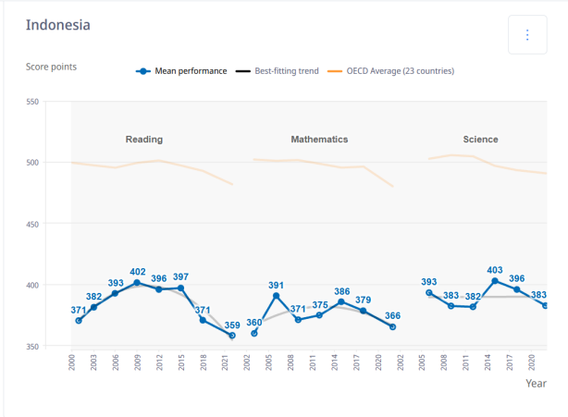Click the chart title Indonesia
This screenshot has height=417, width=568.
pos(58,25)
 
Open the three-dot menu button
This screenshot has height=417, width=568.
pos(527,35)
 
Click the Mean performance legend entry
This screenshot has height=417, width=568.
pos(181,71)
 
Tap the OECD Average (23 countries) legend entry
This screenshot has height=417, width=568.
pos(400,71)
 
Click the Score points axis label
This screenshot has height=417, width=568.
pos(51,67)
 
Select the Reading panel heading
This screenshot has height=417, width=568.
pos(144,140)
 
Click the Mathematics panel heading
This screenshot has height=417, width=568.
pos(319,140)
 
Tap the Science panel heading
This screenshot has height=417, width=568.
pos(480,140)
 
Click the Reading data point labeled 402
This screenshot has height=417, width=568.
pos(137,283)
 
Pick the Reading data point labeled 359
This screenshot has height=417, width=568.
pos(232,336)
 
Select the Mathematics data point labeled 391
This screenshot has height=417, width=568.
pos(276,296)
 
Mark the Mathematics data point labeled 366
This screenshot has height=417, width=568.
pos(393,326)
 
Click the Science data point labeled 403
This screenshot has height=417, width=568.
pos(495,281)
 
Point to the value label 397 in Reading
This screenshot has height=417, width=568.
pos(180,277)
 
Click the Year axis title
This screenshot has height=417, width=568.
pos(536,382)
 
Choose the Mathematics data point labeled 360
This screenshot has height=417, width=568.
pos(253,334)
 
